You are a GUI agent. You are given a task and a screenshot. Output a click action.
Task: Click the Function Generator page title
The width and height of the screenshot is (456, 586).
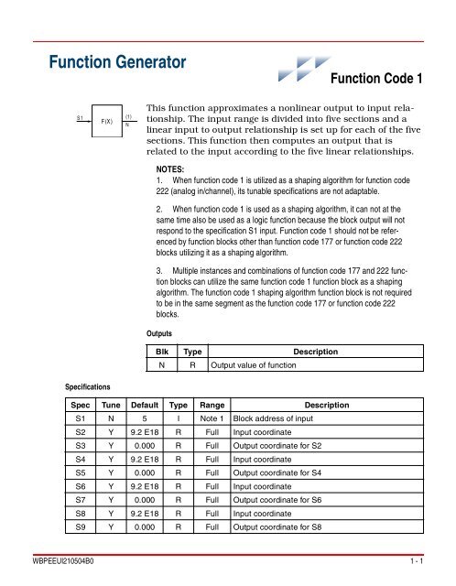click(x=116, y=63)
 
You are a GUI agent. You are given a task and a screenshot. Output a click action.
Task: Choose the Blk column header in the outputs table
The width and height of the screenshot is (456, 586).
click(x=161, y=352)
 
